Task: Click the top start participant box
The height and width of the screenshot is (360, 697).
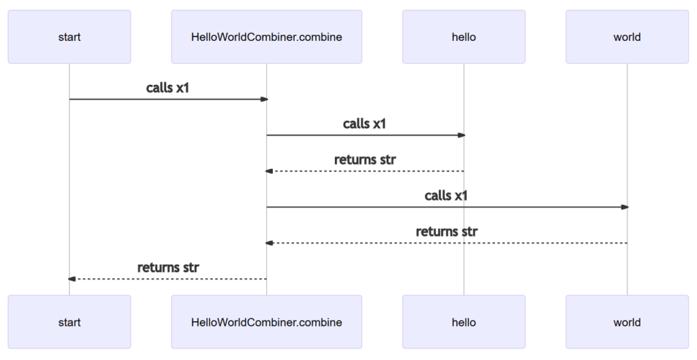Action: tap(69, 37)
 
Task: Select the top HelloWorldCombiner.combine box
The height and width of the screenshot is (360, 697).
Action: tap(266, 37)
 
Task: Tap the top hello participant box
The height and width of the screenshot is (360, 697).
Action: tap(464, 37)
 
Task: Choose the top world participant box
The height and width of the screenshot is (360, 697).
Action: tap(627, 37)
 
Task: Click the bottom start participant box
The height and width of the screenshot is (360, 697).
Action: tap(69, 322)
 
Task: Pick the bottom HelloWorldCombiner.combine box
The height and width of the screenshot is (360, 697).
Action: tap(266, 322)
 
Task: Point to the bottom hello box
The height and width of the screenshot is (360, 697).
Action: tap(464, 322)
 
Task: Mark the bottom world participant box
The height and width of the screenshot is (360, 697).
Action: tap(627, 322)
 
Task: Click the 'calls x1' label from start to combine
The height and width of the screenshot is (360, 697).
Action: tap(167, 88)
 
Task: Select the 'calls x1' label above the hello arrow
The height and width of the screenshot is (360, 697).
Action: tap(365, 124)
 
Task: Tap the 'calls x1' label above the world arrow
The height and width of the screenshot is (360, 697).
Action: tap(447, 195)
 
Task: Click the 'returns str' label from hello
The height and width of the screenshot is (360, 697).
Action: tap(365, 160)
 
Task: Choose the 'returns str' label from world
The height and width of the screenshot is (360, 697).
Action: tap(447, 231)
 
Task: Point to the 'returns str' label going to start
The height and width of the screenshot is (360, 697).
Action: tap(167, 267)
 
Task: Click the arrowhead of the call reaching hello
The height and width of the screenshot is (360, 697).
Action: tap(461, 135)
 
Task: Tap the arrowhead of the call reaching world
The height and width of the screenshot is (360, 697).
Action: tap(624, 207)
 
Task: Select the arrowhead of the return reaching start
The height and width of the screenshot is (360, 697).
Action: tap(72, 279)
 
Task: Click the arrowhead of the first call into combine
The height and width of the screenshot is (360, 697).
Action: tap(263, 99)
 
